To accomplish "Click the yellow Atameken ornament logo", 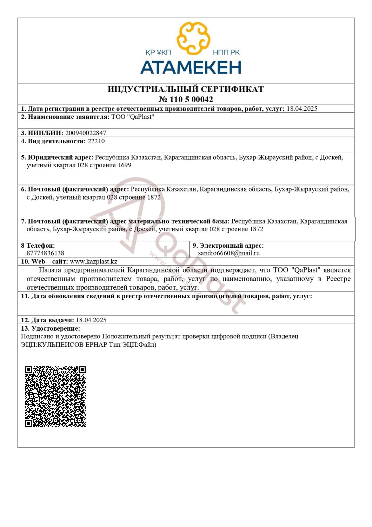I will (x=193, y=38).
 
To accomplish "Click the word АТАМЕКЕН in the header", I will (x=191, y=67).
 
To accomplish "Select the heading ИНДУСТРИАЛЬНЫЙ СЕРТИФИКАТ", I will (x=186, y=89).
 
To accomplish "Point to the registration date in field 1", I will (x=302, y=109).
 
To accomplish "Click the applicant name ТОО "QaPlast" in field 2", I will (x=133, y=117).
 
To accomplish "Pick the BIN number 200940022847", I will (x=86, y=133).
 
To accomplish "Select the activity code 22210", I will (x=96, y=141).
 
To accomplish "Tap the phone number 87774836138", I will (x=45, y=253).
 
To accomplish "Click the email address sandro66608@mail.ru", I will (x=229, y=253).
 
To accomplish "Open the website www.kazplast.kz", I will (x=93, y=261).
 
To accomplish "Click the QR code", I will (x=55, y=397).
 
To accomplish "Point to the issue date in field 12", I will (x=91, y=320).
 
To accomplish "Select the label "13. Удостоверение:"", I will (x=51, y=328).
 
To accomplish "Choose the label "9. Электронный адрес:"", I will (x=228, y=246).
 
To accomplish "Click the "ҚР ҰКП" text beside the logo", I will (x=158, y=53).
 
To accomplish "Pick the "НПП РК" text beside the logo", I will (x=226, y=53).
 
